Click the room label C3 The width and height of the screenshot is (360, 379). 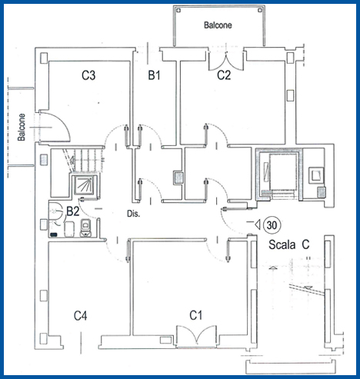tap(88, 75)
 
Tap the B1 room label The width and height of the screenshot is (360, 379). tap(154, 75)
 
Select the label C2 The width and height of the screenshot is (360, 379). tap(224, 75)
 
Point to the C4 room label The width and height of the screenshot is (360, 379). tap(80, 316)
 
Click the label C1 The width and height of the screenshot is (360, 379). tap(196, 315)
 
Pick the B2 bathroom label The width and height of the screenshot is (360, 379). tap(73, 211)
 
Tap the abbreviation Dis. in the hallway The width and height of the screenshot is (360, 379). tap(134, 214)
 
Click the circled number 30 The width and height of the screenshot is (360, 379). tap(272, 225)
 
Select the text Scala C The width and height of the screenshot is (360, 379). tap(289, 244)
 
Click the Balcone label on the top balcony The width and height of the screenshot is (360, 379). tap(218, 25)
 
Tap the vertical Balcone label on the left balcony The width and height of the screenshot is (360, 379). tap(22, 128)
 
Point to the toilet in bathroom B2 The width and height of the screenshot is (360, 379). tap(85, 228)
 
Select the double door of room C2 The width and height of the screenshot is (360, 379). tap(225, 61)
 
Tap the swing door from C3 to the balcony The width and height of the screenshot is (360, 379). tap(54, 127)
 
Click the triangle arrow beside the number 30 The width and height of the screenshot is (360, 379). tap(258, 224)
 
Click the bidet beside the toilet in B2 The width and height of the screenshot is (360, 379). tap(69, 229)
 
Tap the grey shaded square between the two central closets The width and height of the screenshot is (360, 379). tap(178, 178)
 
